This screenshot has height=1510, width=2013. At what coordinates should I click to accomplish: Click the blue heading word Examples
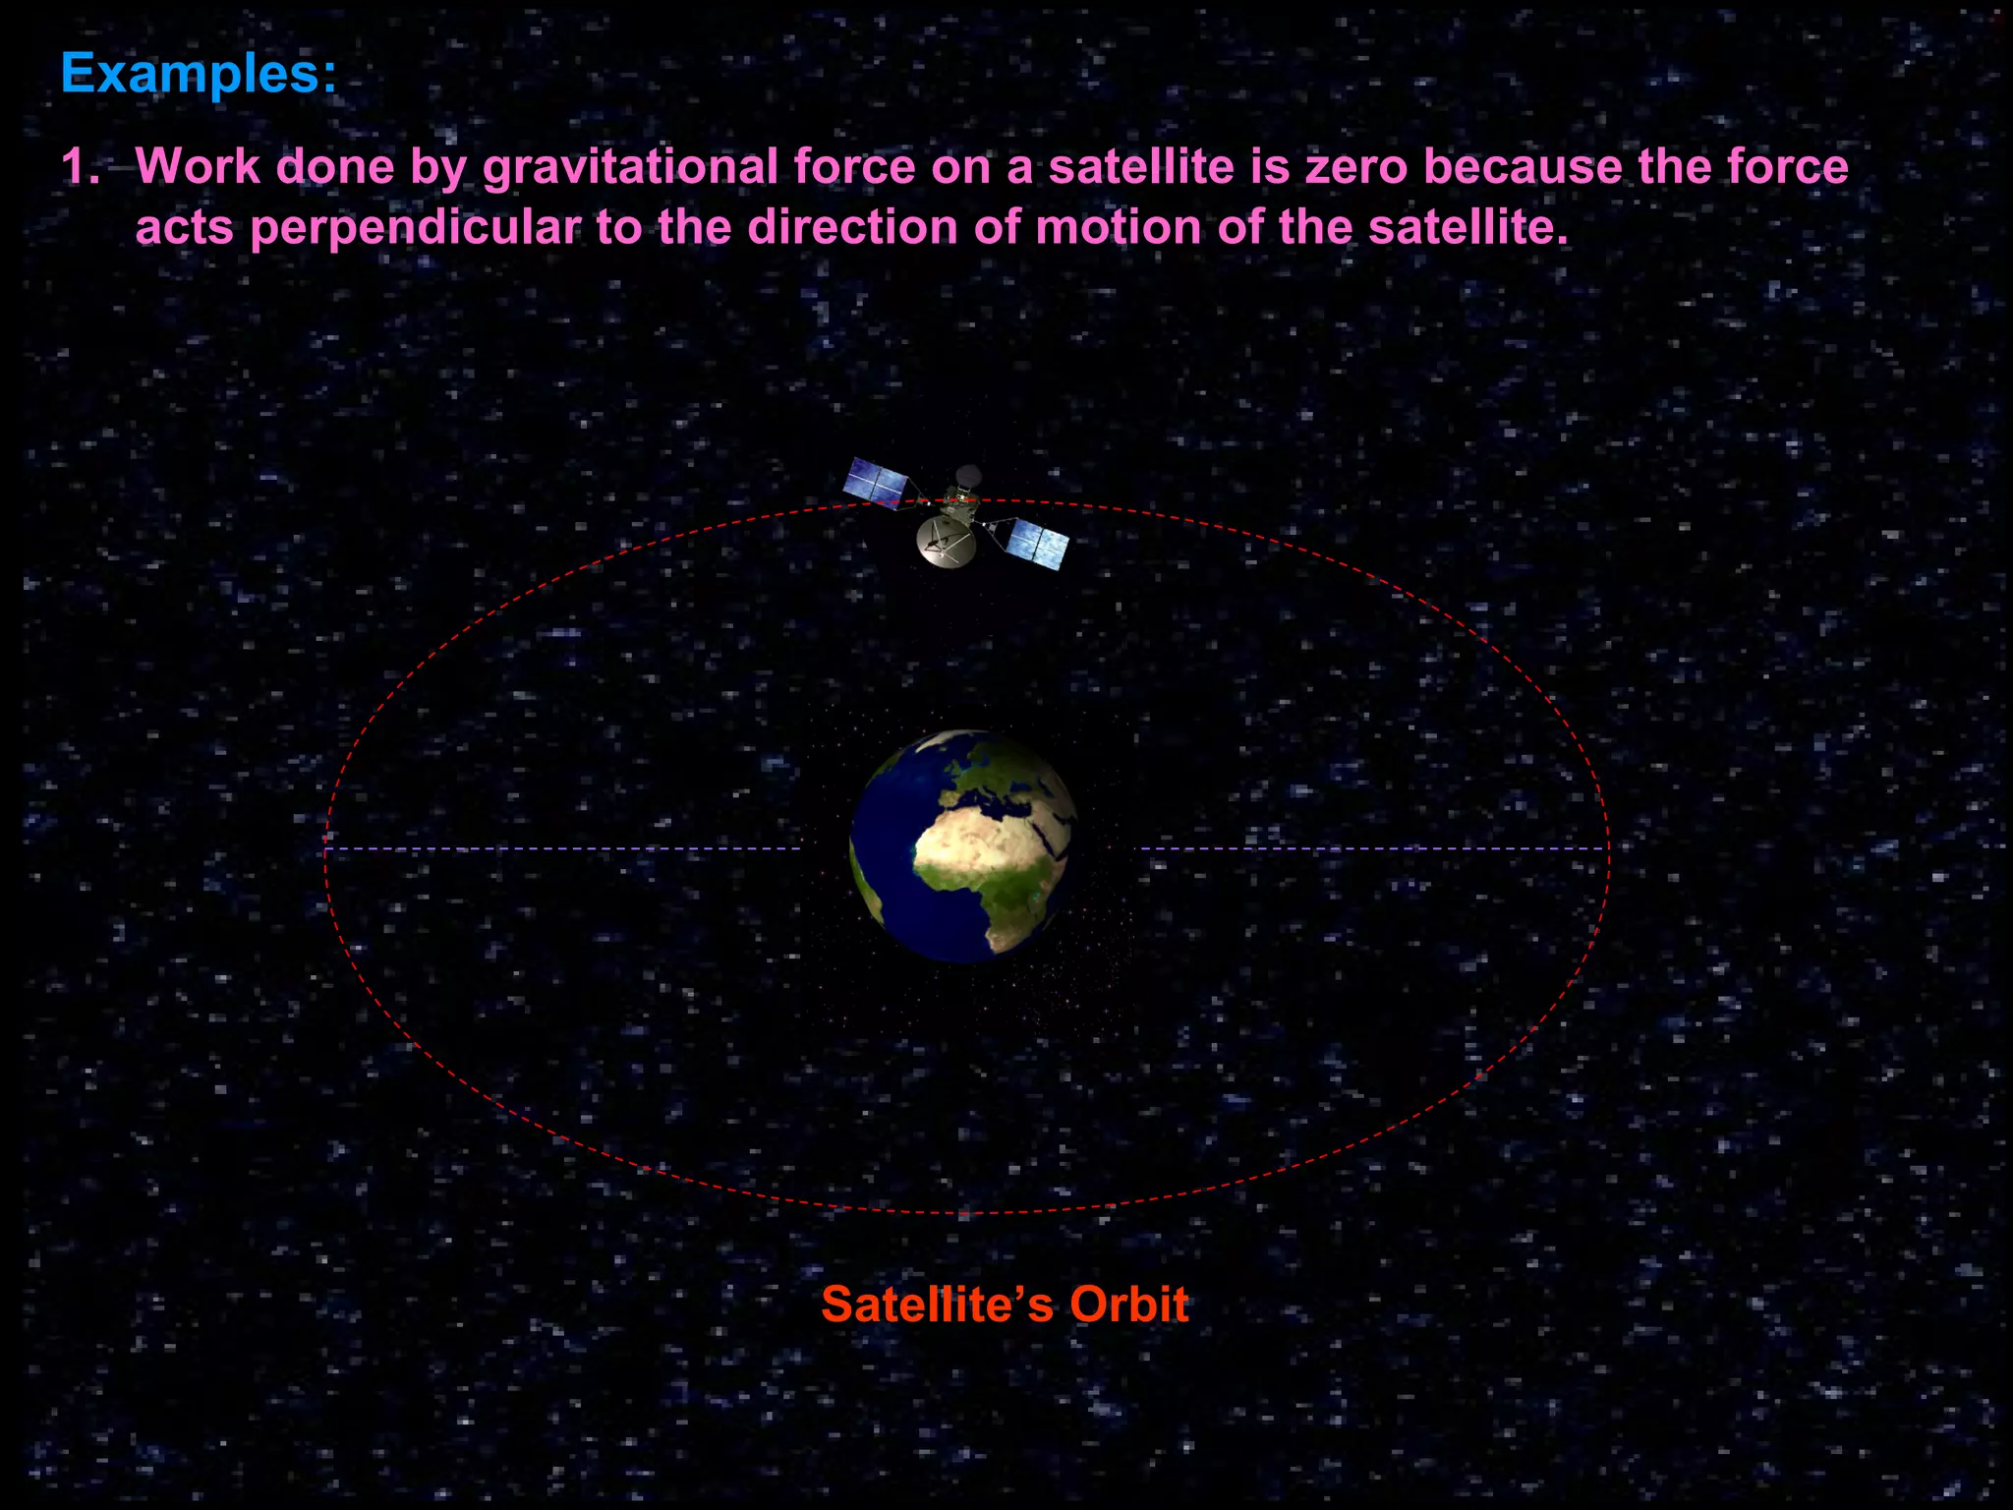click(x=197, y=74)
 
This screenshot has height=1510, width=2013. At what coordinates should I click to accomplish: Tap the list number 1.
click(x=81, y=166)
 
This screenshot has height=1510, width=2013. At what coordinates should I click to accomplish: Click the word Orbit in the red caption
click(x=1128, y=1305)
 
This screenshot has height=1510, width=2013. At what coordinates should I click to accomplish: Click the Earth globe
click(x=963, y=845)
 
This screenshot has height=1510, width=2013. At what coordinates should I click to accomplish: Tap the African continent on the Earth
click(x=983, y=865)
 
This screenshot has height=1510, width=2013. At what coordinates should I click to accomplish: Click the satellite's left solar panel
click(x=877, y=481)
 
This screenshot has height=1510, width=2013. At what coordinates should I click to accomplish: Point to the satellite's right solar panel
click(x=1039, y=542)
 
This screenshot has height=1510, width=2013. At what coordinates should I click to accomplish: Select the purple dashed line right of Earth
click(x=1371, y=848)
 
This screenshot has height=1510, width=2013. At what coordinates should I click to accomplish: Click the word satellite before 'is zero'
click(x=1140, y=166)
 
